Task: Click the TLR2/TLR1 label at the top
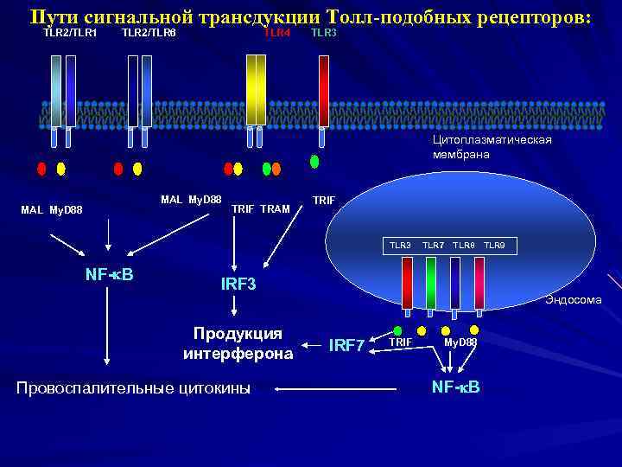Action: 69,33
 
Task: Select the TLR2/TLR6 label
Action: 149,33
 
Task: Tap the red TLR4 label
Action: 277,33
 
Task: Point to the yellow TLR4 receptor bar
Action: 256,91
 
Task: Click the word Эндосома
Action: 573,300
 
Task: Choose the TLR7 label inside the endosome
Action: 434,246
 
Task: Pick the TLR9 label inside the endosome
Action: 494,246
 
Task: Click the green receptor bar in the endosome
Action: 431,281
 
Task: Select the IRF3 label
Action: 239,285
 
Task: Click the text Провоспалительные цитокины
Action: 134,389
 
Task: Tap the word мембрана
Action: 461,155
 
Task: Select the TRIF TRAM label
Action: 261,208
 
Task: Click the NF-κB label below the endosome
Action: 455,385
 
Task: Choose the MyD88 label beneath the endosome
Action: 460,342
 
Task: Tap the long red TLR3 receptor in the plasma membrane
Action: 324,91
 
